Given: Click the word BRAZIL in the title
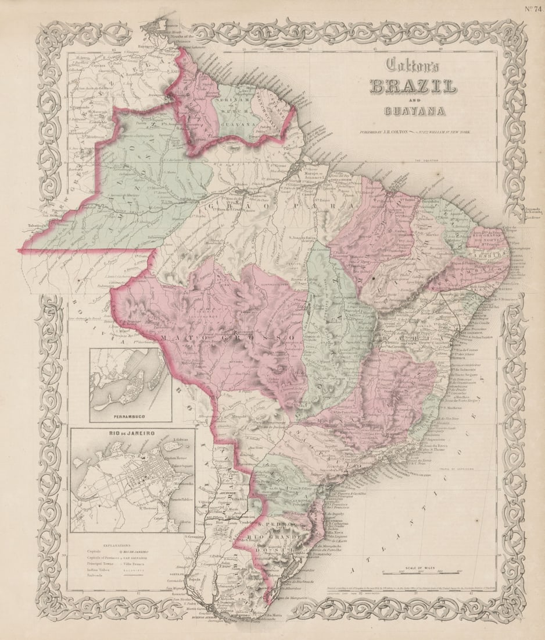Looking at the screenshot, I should [x=413, y=87].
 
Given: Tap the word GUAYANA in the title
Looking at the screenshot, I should [x=414, y=111].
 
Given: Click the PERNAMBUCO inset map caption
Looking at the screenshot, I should [x=130, y=417].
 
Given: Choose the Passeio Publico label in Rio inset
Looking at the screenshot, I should [x=178, y=500].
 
